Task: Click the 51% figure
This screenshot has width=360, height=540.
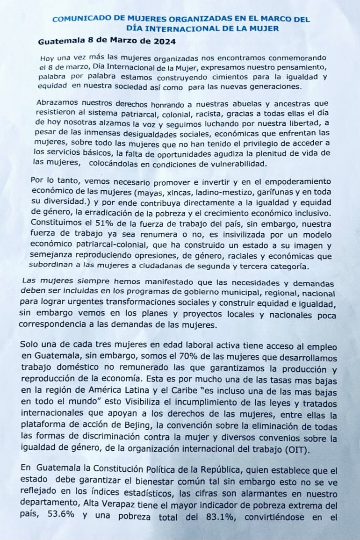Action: point(104,224)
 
